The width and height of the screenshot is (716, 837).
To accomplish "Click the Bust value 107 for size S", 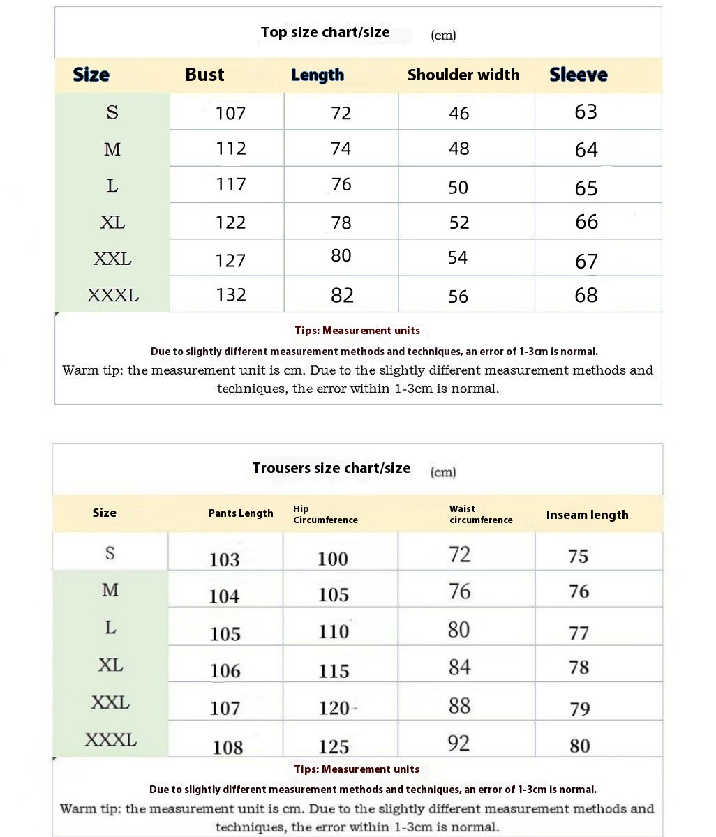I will coord(230,113).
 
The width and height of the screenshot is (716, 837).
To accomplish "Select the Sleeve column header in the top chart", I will coord(578,75).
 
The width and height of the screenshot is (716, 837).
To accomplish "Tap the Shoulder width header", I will coord(463,75).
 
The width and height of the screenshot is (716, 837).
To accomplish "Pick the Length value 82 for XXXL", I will coord(342,295).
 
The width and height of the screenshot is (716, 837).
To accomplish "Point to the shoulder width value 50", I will coord(458,187).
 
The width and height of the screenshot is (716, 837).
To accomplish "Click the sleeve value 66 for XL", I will coord(586,222).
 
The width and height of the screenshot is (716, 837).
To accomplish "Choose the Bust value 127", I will coord(230,260).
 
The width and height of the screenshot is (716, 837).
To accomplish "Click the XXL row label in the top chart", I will coord(112,259).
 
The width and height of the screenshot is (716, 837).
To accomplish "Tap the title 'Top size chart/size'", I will coord(325,32).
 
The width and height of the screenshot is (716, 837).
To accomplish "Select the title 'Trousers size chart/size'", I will coord(331,468).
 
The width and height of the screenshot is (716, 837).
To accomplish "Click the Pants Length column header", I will coord(241,513).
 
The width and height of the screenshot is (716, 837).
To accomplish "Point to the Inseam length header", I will coord(587,515).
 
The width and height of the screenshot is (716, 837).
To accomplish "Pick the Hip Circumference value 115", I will coord(334,671).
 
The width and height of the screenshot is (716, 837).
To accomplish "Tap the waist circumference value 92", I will coord(458,743).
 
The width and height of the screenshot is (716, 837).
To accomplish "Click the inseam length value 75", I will coord(578,556).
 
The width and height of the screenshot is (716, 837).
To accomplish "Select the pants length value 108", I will coord(228,747).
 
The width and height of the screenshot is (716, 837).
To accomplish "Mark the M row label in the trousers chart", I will coord(110,590).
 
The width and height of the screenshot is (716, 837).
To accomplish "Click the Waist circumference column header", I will coord(480,514).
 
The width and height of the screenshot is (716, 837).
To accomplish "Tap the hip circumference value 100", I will coord(332,559).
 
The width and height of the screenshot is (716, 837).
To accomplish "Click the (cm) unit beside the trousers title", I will coord(443,472).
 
